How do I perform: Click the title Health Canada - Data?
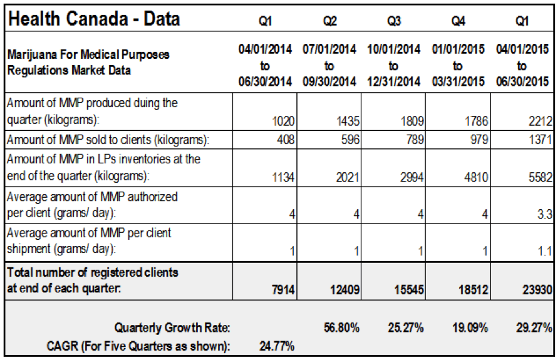94,19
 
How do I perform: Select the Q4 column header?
458,21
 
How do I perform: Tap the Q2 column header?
329,21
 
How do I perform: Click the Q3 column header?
394,21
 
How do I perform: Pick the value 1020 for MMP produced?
283,121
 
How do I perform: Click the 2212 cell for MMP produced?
541,121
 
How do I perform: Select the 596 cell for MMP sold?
350,139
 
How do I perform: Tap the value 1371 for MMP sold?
541,139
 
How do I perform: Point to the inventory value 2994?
412,177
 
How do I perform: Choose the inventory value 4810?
476,177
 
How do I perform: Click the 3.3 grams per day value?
545,214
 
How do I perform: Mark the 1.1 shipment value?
545,251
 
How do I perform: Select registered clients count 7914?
283,289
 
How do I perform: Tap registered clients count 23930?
537,289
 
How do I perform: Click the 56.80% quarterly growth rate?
342,327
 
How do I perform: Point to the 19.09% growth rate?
470,327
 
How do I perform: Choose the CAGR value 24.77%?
277,346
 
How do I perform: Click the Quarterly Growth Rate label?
172,327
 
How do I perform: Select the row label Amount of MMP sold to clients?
108,140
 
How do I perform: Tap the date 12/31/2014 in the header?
393,81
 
